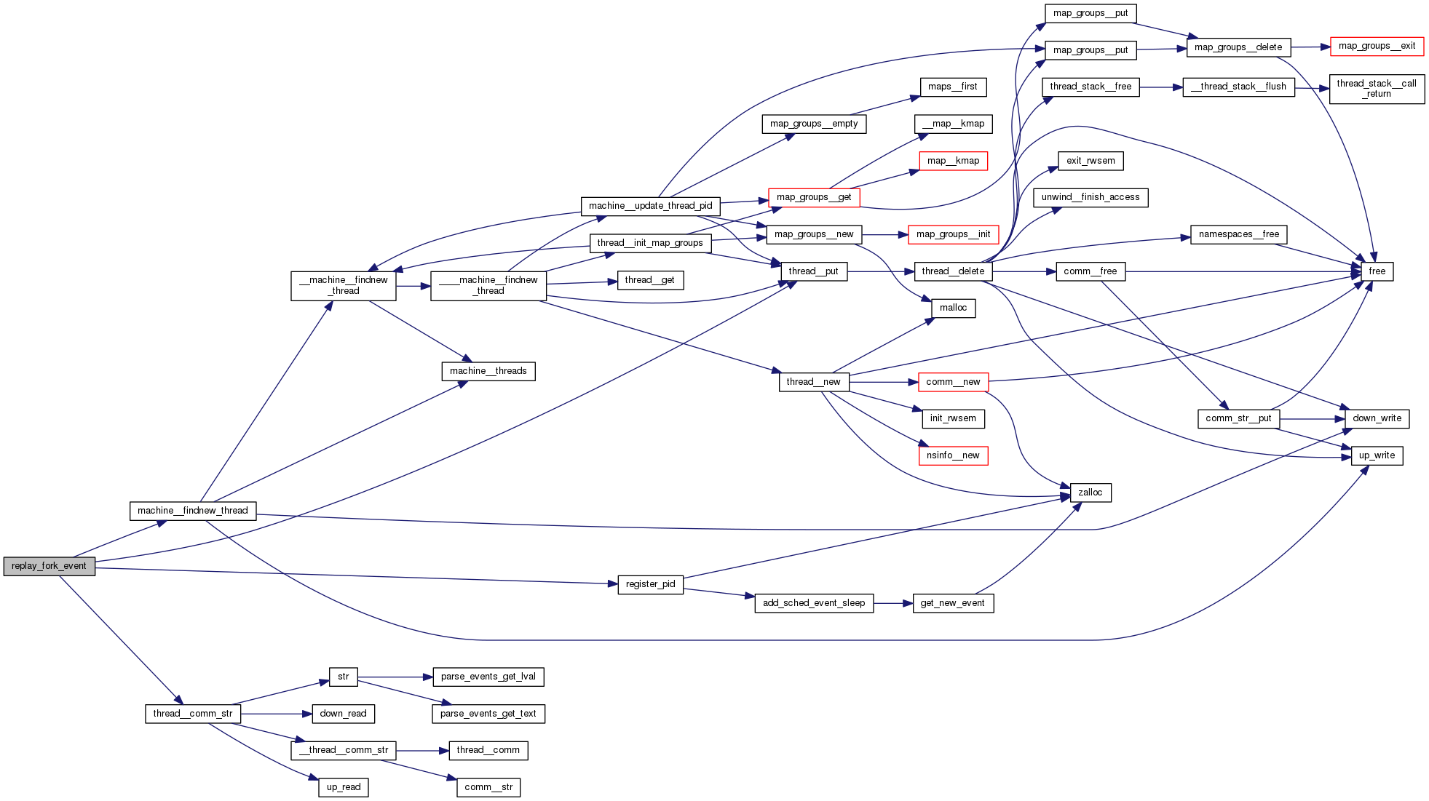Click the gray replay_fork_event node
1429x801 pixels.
point(49,566)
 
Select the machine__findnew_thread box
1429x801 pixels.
point(193,511)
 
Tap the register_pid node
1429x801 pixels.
point(650,584)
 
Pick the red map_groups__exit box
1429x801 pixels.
point(1377,46)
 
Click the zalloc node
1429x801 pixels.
point(1090,493)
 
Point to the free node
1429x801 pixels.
point(1377,271)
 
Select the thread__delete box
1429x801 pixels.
point(952,271)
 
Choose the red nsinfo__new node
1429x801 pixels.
point(953,455)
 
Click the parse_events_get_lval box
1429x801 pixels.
point(488,677)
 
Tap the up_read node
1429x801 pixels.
point(344,787)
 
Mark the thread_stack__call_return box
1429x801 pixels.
point(1376,89)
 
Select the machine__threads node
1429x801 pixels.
point(488,371)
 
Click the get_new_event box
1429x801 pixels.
point(952,603)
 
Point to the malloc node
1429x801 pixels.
point(953,308)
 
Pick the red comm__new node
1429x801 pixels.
point(953,382)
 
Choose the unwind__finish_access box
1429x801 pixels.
point(1090,197)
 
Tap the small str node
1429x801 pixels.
point(343,677)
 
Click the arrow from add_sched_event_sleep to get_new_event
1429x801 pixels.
point(893,603)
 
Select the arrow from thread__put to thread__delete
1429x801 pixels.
point(880,271)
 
